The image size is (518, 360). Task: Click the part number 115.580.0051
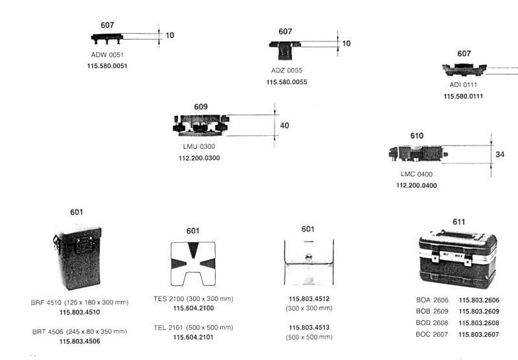pyautogui.click(x=107, y=66)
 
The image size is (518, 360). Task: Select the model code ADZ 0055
pyautogui.click(x=286, y=71)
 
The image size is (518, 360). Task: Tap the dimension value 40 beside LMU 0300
pyautogui.click(x=284, y=126)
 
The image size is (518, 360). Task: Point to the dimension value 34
pyautogui.click(x=500, y=154)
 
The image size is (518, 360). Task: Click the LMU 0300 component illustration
pyautogui.click(x=201, y=125)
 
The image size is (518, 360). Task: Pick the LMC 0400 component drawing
pyautogui.click(x=418, y=153)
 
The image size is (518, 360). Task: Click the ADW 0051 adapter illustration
pyautogui.click(x=107, y=38)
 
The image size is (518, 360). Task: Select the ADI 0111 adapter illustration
pyautogui.click(x=464, y=70)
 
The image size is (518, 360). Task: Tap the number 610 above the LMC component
pyautogui.click(x=416, y=136)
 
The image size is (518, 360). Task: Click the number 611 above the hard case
pyautogui.click(x=459, y=222)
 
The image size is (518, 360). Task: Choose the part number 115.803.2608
pyautogui.click(x=479, y=323)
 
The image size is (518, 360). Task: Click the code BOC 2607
pyautogui.click(x=432, y=334)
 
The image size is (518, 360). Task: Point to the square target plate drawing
pyautogui.click(x=193, y=264)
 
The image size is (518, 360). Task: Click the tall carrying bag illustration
pyautogui.click(x=77, y=257)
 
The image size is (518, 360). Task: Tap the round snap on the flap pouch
pyautogui.click(x=309, y=257)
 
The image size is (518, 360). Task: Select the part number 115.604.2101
pyautogui.click(x=193, y=337)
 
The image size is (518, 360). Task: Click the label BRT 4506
pyautogui.click(x=47, y=332)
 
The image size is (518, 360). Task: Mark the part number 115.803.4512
pyautogui.click(x=310, y=299)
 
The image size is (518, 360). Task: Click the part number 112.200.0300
pyautogui.click(x=199, y=158)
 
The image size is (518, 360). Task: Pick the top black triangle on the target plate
pyautogui.click(x=193, y=249)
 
